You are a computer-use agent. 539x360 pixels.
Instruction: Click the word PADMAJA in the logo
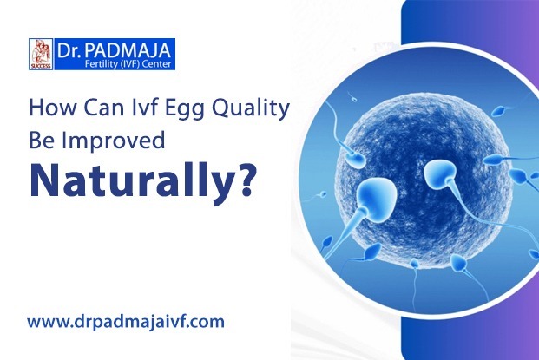click(x=128, y=50)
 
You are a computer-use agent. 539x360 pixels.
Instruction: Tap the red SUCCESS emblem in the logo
click(x=41, y=54)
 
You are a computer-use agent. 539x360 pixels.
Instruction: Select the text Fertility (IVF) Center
click(x=128, y=64)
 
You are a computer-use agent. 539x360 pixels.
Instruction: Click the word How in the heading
click(x=52, y=108)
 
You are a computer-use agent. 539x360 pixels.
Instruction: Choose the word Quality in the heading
click(x=250, y=109)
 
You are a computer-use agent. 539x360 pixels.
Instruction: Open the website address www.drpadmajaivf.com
click(x=126, y=322)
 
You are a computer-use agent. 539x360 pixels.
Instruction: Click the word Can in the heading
click(x=102, y=108)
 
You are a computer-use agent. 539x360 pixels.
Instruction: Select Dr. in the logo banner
click(x=69, y=51)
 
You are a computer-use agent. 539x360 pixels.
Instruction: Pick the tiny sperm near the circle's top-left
click(x=354, y=100)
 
